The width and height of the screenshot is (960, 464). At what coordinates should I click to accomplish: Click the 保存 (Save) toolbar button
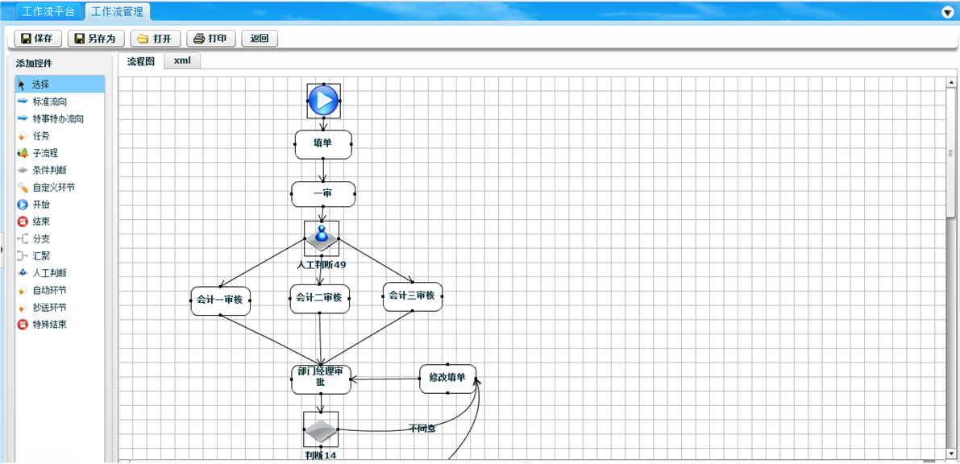tap(38, 39)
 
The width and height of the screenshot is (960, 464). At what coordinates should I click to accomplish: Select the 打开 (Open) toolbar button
tap(155, 39)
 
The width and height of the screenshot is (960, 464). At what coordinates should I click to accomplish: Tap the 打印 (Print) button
tap(211, 39)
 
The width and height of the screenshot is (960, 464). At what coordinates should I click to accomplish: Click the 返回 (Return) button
tap(259, 39)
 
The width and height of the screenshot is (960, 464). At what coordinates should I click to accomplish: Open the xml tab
tap(182, 60)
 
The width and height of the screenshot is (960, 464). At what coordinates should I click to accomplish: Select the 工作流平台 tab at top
tap(48, 12)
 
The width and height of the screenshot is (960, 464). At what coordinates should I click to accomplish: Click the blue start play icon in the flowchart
tap(323, 101)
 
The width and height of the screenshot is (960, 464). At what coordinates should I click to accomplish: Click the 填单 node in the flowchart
tap(322, 144)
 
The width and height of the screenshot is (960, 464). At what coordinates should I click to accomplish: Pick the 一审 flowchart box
tap(322, 193)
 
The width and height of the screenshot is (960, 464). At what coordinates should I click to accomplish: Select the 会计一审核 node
tap(220, 300)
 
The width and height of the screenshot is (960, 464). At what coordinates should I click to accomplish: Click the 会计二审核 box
tap(319, 298)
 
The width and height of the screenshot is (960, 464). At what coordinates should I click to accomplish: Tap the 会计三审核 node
tap(412, 296)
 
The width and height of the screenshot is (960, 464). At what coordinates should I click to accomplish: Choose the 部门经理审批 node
tap(321, 377)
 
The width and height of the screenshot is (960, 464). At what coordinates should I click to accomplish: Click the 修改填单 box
tap(447, 378)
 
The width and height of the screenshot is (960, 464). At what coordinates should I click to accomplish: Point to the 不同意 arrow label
tap(422, 429)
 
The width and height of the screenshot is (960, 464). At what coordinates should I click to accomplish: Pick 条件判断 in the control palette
tap(50, 170)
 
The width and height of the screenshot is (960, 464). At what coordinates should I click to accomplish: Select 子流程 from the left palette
tap(45, 153)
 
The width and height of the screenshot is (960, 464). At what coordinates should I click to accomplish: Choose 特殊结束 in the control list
tap(50, 325)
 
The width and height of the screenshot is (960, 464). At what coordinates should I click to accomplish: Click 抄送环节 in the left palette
tap(50, 308)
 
